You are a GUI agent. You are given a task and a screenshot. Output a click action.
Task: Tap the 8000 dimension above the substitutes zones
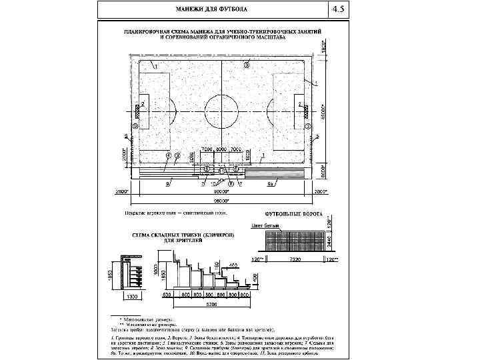[x=221, y=149]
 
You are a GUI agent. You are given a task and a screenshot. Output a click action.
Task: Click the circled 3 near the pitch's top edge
[x=247, y=65]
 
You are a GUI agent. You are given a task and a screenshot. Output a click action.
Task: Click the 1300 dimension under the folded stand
[x=132, y=294]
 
